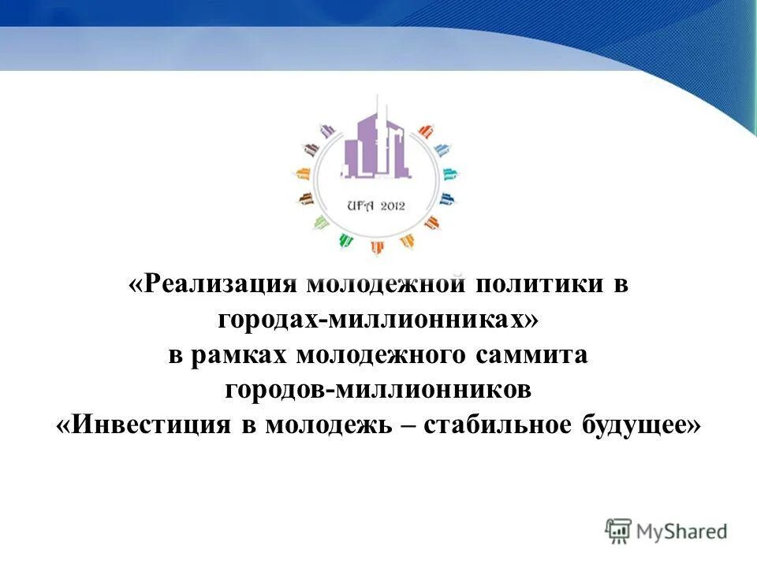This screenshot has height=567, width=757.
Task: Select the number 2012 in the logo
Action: [391, 206]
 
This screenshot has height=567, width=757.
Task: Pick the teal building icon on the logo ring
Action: [449, 173]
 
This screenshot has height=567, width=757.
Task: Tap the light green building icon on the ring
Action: [321, 224]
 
